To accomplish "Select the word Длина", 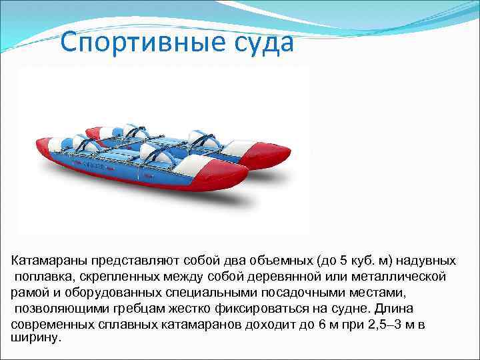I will pyautogui.click(x=394, y=309).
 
